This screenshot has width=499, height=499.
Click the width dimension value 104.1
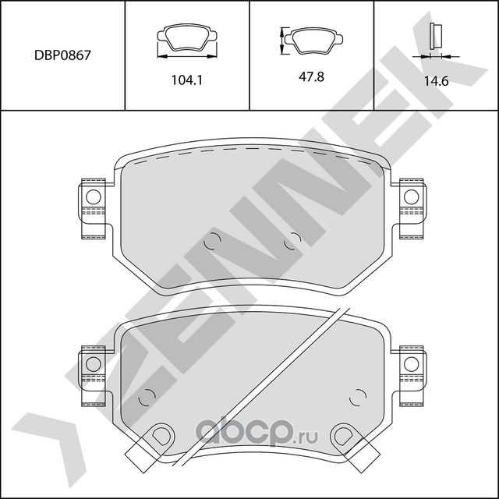click(x=187, y=80)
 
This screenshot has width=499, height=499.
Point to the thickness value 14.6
click(x=436, y=80)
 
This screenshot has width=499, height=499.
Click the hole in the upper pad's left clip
click(x=93, y=196)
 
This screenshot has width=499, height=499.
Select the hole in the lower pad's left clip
click(x=93, y=363)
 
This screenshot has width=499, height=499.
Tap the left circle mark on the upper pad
click(x=211, y=242)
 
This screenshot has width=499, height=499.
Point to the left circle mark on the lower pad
click(x=145, y=398)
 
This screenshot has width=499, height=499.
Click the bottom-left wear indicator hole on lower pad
click(x=163, y=434)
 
